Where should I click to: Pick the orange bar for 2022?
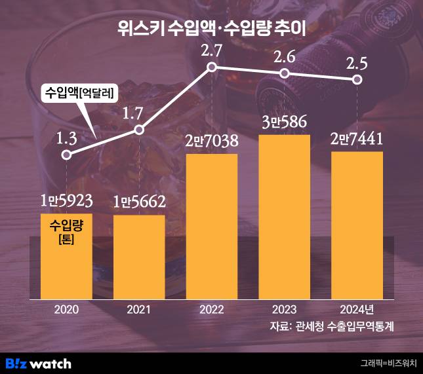(x=212, y=226)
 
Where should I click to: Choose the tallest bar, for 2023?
(x=284, y=216)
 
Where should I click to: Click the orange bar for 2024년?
(x=357, y=226)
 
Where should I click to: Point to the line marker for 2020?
(x=66, y=155)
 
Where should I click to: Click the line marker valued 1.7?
(x=139, y=130)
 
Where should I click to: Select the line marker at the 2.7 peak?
(x=211, y=67)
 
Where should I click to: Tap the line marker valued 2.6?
(x=284, y=73)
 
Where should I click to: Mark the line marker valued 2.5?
(x=357, y=79)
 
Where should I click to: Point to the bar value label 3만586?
(x=284, y=122)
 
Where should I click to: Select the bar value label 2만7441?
(x=357, y=139)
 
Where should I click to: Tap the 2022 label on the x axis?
(x=212, y=309)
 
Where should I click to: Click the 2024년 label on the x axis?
(x=358, y=309)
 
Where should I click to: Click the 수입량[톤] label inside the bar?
(x=66, y=233)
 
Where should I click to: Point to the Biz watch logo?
(x=38, y=363)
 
